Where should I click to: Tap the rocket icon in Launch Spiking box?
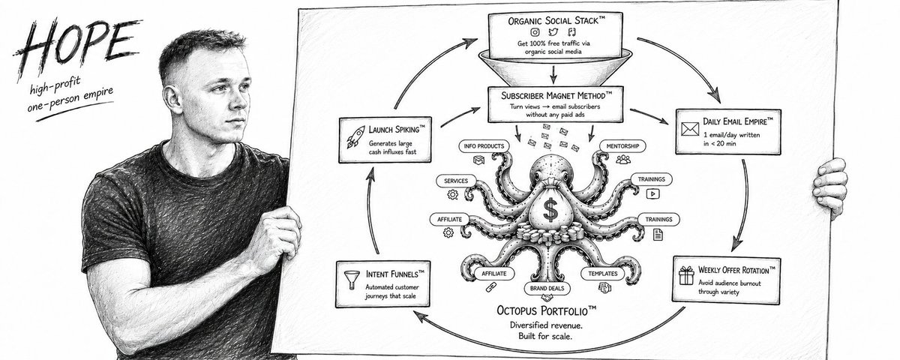click(x=355, y=137)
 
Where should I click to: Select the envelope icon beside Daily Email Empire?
click(x=690, y=129)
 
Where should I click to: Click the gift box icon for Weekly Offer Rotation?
click(x=686, y=275)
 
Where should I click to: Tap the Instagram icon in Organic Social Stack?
click(x=535, y=32)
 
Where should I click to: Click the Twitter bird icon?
click(x=553, y=32)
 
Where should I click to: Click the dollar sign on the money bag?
click(x=550, y=211)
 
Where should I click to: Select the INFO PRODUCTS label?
click(x=484, y=146)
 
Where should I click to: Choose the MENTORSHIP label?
click(x=622, y=146)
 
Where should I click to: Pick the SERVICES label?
click(x=456, y=181)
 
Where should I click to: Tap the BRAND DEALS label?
click(x=547, y=288)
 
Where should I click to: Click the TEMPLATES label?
click(x=603, y=274)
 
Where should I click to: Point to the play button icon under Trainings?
click(x=652, y=194)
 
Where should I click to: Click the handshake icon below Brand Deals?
click(x=547, y=298)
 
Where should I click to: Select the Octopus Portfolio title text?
click(x=547, y=310)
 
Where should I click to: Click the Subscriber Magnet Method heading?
click(x=556, y=96)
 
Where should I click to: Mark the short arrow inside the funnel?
click(x=553, y=74)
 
